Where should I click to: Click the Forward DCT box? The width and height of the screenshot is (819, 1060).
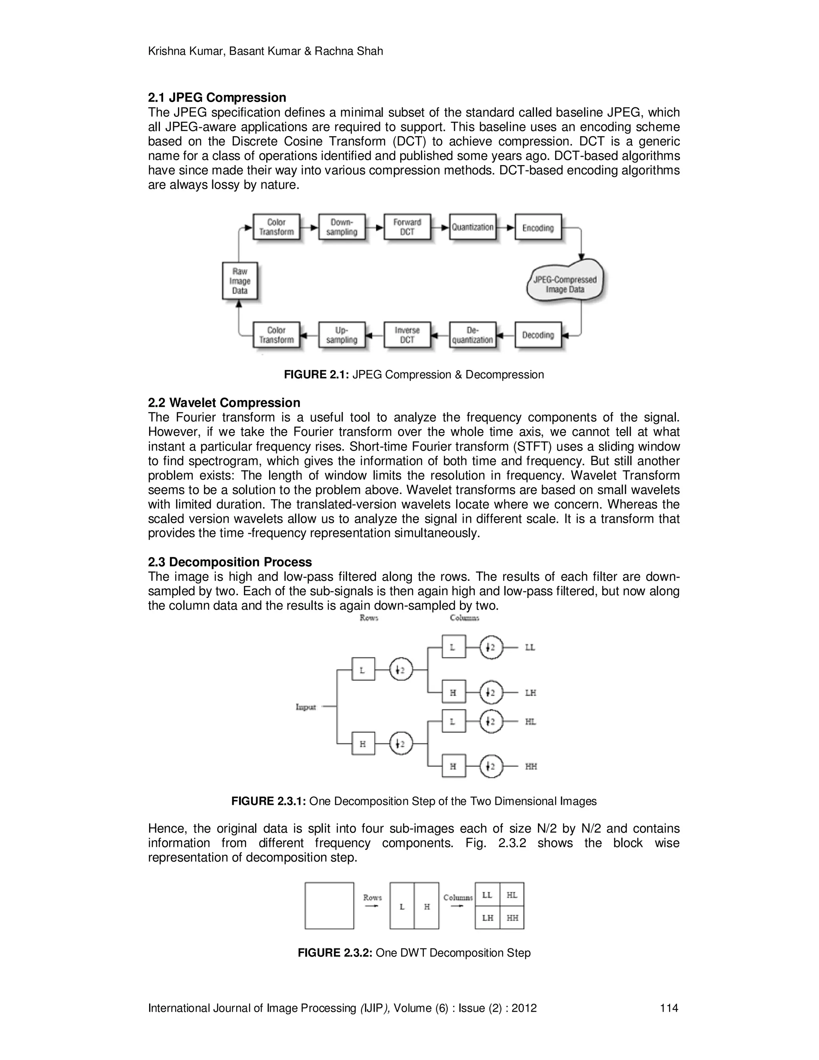407,227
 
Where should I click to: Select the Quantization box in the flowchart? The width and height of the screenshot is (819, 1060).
473,227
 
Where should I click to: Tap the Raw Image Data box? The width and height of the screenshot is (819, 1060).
240,281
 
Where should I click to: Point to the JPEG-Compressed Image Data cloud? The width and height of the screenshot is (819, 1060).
565,284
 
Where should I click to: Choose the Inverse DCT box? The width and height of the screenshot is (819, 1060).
407,334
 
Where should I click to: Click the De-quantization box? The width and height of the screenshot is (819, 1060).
473,334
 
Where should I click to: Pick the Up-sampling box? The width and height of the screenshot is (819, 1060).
342,334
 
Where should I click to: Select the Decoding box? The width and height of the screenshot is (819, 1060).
537,334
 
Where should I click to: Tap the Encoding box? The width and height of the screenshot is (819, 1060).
537,227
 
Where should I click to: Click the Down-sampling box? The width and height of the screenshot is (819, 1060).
342,227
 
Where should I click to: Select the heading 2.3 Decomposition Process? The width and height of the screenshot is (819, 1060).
230,562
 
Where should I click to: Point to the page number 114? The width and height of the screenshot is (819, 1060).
669,1008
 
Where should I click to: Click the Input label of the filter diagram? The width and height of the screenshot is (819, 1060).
306,707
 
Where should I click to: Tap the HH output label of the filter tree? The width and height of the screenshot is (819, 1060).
531,766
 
